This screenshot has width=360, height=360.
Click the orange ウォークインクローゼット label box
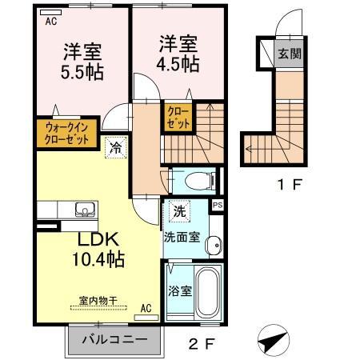[x=66, y=130]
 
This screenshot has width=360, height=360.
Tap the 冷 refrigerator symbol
[x=115, y=146]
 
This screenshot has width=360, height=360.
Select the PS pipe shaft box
[x=217, y=206]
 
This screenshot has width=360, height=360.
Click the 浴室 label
[x=179, y=291]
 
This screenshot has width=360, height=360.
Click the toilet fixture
[x=198, y=179]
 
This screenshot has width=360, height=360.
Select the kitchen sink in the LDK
[x=82, y=210]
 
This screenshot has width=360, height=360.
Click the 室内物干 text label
[x=98, y=301]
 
